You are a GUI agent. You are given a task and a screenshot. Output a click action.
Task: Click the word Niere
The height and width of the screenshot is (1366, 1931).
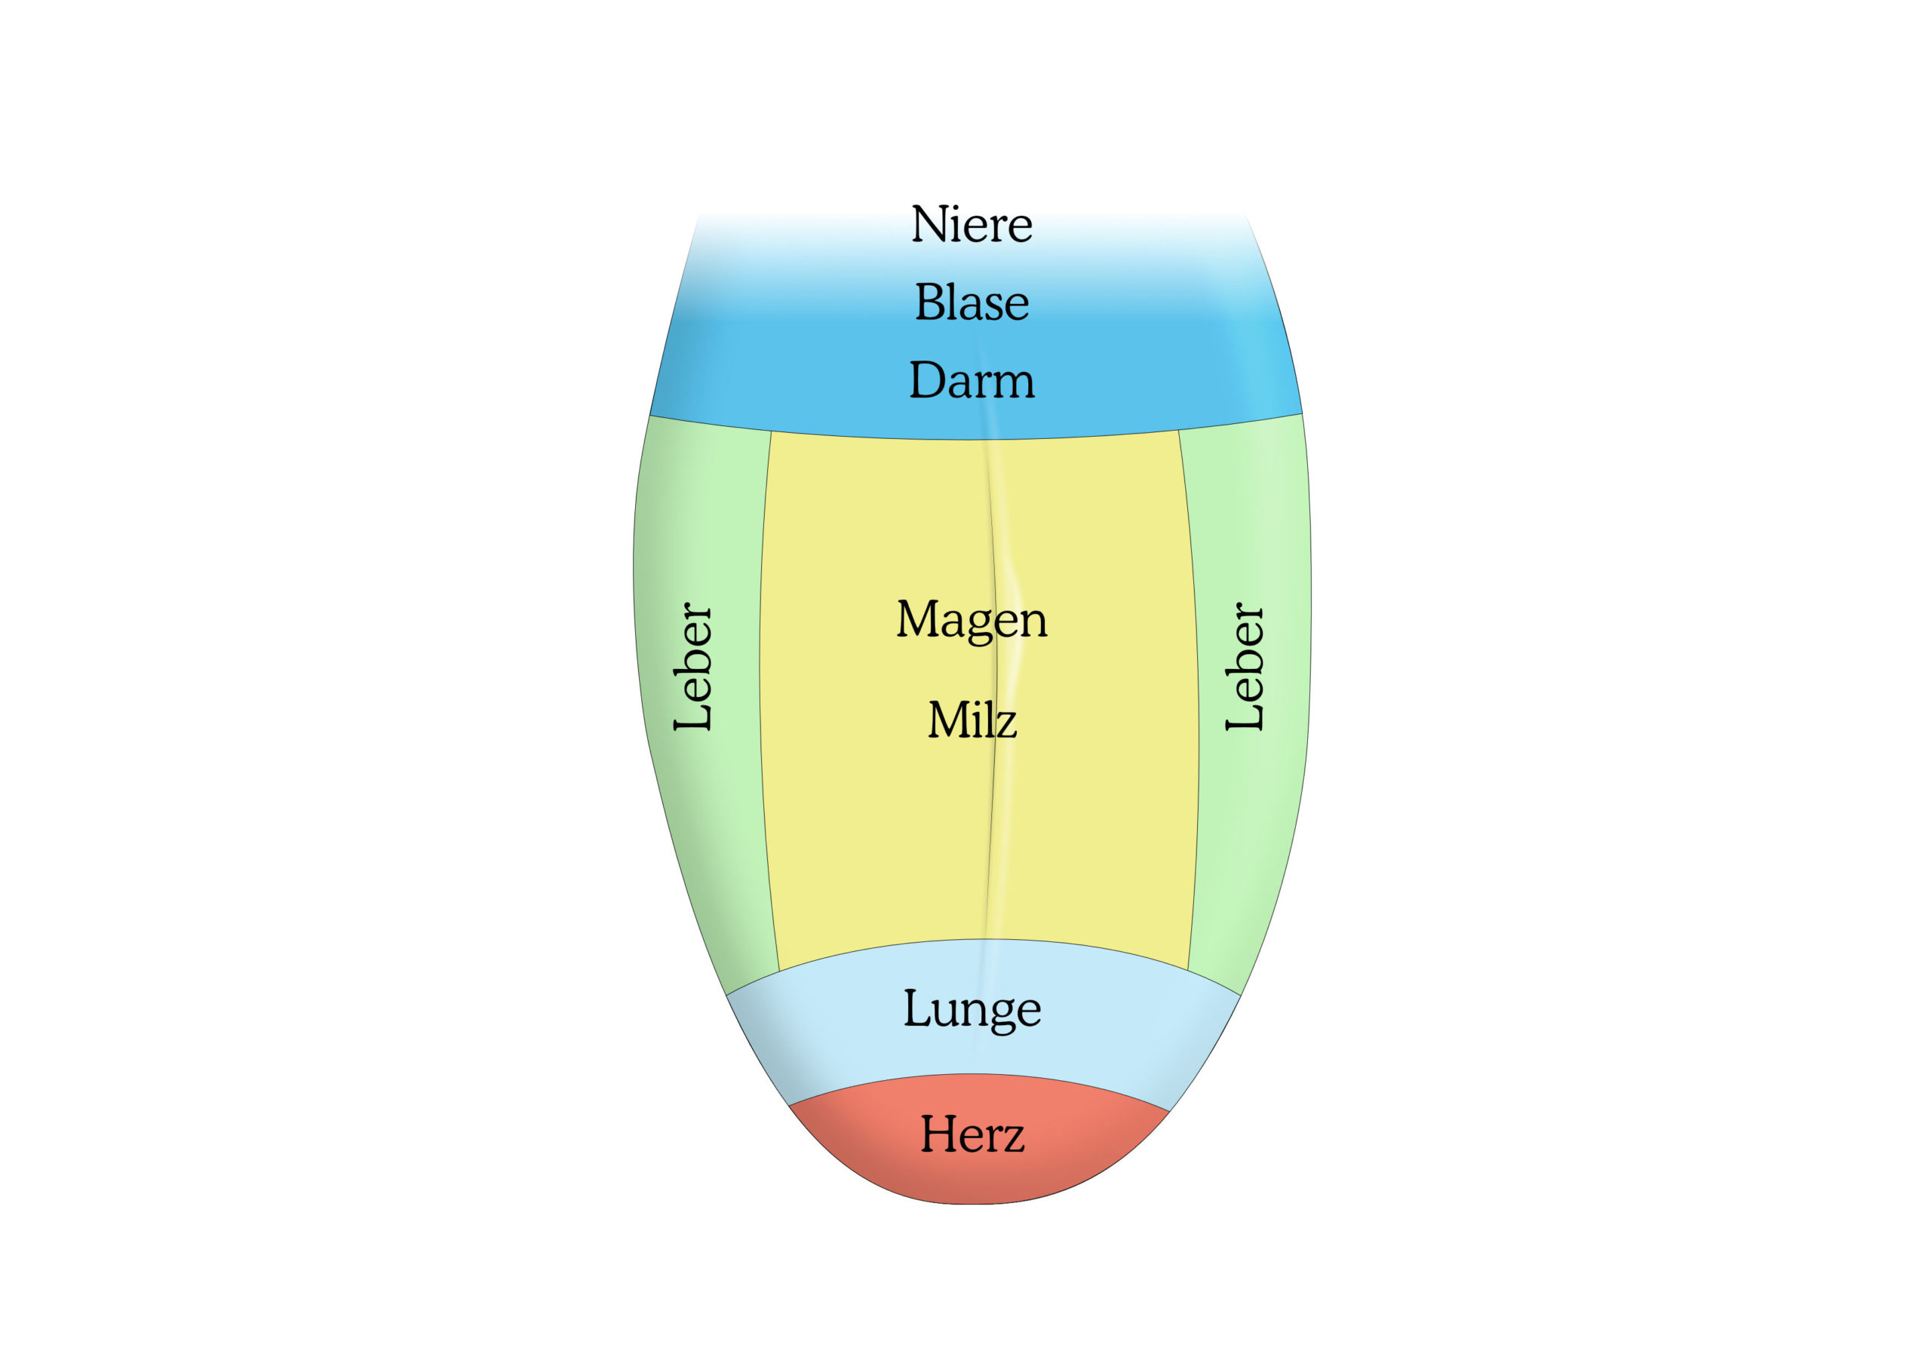[972, 225]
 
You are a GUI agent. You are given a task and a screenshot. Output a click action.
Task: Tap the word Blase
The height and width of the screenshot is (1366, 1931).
[972, 302]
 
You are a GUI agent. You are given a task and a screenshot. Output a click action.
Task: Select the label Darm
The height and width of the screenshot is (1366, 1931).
[972, 380]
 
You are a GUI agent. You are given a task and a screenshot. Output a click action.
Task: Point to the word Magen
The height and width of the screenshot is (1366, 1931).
[972, 621]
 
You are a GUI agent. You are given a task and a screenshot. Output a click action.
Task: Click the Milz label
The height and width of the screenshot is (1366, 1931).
[972, 720]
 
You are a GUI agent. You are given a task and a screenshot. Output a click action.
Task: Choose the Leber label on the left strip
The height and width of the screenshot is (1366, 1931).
[693, 666]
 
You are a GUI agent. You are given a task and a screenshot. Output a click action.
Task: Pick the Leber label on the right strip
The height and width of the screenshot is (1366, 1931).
[1244, 666]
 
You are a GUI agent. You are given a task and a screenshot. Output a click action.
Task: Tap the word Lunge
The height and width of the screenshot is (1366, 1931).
[972, 1010]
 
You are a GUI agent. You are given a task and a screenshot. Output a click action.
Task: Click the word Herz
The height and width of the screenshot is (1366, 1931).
[972, 1134]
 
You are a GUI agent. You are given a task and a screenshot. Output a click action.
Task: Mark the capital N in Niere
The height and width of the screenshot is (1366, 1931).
[929, 225]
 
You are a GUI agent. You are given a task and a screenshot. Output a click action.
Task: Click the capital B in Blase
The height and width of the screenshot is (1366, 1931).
[929, 302]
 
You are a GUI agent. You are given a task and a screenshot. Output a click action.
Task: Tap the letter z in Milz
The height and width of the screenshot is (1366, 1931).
[1006, 726]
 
